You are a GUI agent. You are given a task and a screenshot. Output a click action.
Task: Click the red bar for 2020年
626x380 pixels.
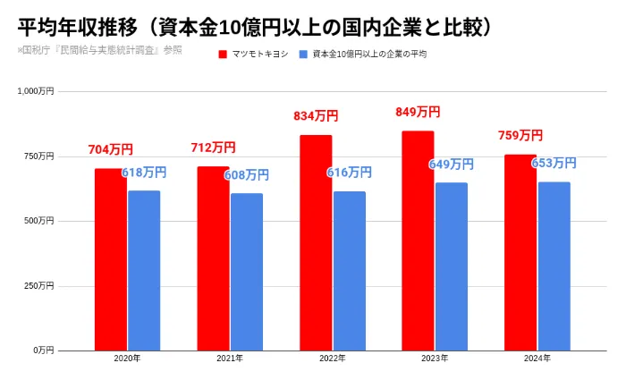[x=111, y=259]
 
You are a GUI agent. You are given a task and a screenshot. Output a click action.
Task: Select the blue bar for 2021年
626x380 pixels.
[x=247, y=272]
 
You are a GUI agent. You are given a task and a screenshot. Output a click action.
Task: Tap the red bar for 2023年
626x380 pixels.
[x=418, y=241]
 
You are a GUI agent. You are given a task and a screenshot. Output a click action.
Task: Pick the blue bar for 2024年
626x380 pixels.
[x=554, y=266]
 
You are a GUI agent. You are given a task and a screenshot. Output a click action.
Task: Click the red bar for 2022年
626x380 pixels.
[x=316, y=242]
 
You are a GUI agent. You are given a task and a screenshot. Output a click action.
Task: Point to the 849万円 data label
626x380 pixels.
[x=418, y=113]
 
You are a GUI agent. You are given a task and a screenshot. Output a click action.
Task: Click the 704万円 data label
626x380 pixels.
[x=111, y=150]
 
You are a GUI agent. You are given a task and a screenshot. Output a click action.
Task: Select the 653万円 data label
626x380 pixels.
[x=554, y=164]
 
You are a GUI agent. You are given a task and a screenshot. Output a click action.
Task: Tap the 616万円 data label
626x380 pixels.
[x=349, y=173]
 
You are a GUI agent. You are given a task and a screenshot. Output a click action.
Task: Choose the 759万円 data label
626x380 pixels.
[x=520, y=136]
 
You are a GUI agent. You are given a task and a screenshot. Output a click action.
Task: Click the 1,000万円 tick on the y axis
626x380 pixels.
[x=37, y=91]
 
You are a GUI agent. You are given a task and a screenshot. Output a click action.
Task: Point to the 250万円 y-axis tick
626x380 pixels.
[x=40, y=285]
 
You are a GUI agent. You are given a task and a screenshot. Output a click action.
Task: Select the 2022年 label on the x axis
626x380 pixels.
[x=332, y=359]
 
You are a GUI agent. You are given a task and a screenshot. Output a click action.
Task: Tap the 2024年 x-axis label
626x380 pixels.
[x=537, y=359]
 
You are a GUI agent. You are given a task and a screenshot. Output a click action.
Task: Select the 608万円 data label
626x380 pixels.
[x=246, y=175]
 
